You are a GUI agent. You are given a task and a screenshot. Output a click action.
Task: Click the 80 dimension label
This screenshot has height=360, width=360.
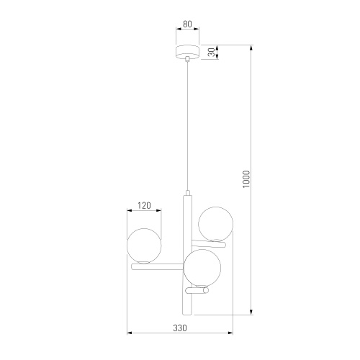click(187, 24)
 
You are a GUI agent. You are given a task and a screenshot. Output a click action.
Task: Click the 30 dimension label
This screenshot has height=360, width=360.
click(212, 52)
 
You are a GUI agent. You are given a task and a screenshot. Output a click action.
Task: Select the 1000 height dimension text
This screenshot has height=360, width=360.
click(246, 179)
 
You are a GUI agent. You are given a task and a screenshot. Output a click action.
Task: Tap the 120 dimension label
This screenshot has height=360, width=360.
click(144, 206)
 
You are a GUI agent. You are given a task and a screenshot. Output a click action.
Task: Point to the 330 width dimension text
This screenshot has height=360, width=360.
click(180, 328)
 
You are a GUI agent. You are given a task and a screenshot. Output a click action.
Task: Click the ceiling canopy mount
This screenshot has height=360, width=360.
click(188, 52)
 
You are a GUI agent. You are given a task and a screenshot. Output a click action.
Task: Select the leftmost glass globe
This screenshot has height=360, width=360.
click(144, 246)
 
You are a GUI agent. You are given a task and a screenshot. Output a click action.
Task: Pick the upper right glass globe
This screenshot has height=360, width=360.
click(215, 224)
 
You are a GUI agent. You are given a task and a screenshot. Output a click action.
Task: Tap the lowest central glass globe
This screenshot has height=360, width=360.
click(202, 268)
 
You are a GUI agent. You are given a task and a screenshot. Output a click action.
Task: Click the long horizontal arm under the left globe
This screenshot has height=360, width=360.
click(157, 266)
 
